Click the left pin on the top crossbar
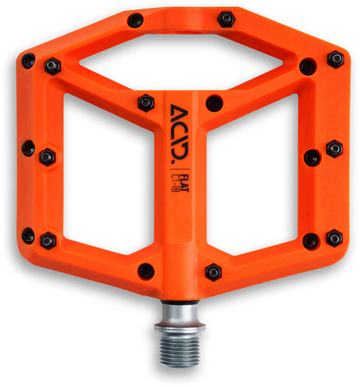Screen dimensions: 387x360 point(135,20)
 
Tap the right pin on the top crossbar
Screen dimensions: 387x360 point(226,18)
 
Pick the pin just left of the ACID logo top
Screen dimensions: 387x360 point(146,103)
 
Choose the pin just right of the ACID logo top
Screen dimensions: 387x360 point(214,103)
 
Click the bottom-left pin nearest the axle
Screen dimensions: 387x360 point(146,271)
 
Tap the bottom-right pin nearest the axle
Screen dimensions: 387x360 point(213,272)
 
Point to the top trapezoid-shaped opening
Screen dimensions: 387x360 point(179,63)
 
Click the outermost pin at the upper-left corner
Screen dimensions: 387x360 point(28,60)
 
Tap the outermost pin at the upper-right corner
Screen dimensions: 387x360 point(336,60)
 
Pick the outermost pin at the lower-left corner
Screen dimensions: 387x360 point(28,235)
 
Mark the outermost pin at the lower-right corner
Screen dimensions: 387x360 point(335,237)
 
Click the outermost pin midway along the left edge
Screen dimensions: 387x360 point(28,146)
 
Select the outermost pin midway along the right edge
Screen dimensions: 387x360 point(334,148)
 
